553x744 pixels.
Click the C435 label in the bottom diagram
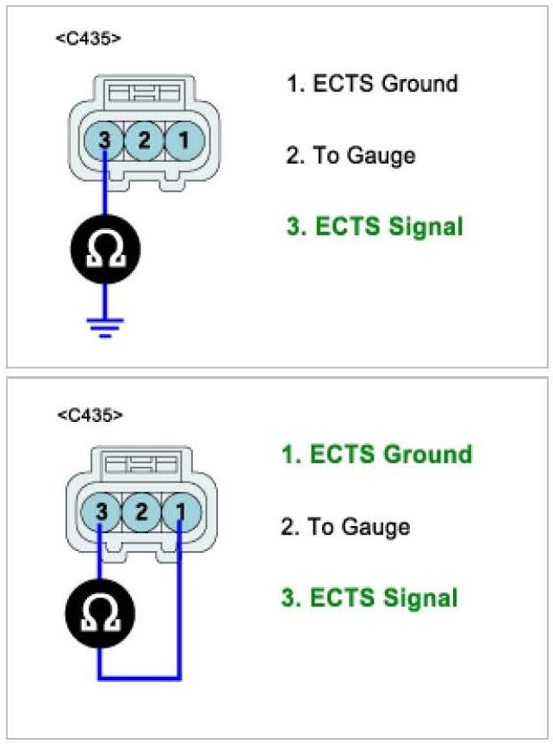[90, 416]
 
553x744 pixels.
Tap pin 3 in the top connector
[104, 139]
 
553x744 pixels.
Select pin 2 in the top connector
[144, 139]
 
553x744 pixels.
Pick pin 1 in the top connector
[183, 139]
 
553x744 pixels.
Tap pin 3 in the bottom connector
[103, 512]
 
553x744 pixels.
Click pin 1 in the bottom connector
[180, 512]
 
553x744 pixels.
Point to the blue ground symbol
[105, 327]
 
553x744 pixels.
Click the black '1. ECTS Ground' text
[372, 84]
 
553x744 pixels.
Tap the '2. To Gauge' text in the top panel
[351, 155]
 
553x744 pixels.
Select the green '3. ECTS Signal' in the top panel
[375, 226]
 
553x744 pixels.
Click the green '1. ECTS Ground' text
[376, 455]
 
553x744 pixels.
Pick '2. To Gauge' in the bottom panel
[345, 527]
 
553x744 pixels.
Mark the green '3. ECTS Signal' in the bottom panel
[370, 598]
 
